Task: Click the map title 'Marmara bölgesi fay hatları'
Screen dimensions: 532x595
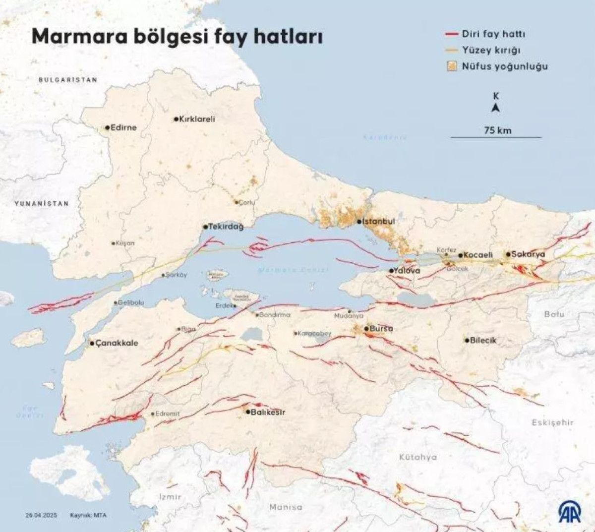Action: click(177, 37)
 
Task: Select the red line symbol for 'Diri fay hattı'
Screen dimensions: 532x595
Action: click(451, 34)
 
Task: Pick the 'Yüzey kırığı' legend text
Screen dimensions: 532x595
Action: click(491, 50)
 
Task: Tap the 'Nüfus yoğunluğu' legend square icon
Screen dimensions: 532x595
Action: click(451, 66)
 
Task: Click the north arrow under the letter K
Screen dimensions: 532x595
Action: click(495, 109)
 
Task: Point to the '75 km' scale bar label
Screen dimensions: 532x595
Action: click(497, 130)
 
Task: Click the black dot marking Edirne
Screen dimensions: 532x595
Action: click(107, 127)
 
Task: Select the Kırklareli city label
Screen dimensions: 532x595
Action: click(197, 119)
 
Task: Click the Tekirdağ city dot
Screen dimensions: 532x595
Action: click(205, 227)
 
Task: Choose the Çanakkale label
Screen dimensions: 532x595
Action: click(117, 343)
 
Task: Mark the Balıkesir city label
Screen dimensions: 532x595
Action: click(268, 412)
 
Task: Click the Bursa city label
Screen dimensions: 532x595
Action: click(381, 328)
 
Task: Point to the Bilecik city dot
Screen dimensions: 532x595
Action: click(467, 340)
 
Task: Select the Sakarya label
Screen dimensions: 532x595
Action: click(528, 254)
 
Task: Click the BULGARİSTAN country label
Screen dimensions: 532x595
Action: click(68, 79)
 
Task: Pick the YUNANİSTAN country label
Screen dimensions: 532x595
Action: click(42, 203)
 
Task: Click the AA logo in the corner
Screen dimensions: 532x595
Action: click(571, 511)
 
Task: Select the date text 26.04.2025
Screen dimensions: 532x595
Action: click(42, 515)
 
